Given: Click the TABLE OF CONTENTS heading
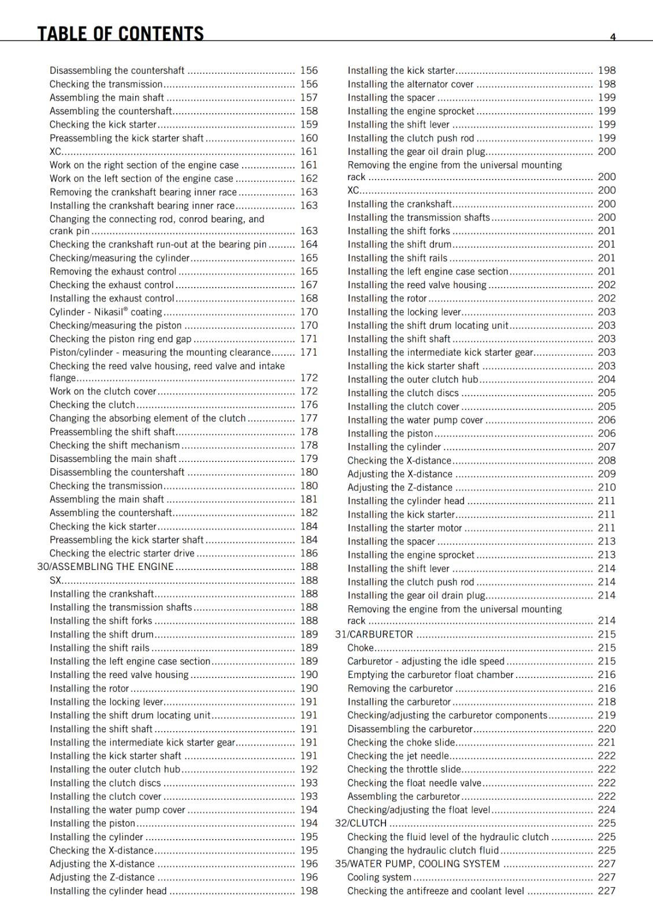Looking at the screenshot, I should point(120,33).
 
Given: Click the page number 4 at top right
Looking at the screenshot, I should point(613,37).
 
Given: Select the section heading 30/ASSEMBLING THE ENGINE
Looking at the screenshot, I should point(105,567).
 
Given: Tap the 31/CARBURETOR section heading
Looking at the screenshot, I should point(374,634).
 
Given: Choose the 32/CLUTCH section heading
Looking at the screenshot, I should point(361,823).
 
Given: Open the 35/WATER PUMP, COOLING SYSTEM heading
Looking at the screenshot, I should point(417,863).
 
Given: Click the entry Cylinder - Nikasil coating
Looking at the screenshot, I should point(106,312).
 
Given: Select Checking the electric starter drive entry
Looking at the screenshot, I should point(122,553).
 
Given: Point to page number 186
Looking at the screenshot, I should point(309,553).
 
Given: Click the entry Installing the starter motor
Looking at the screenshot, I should point(405,528).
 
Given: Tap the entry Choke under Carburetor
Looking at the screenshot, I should point(361,648).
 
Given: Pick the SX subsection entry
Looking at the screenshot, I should point(55,580).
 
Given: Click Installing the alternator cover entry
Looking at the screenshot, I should point(410,84).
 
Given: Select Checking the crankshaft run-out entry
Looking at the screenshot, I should point(158,244).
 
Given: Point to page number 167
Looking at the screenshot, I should point(309,285).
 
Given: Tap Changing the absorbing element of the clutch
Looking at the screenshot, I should point(147,418).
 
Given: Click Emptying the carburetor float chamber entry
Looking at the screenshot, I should point(430,675).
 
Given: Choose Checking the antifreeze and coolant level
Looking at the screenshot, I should point(435,891).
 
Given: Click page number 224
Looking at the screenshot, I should point(606,810).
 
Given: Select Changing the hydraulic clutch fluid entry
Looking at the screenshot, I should point(422,850).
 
